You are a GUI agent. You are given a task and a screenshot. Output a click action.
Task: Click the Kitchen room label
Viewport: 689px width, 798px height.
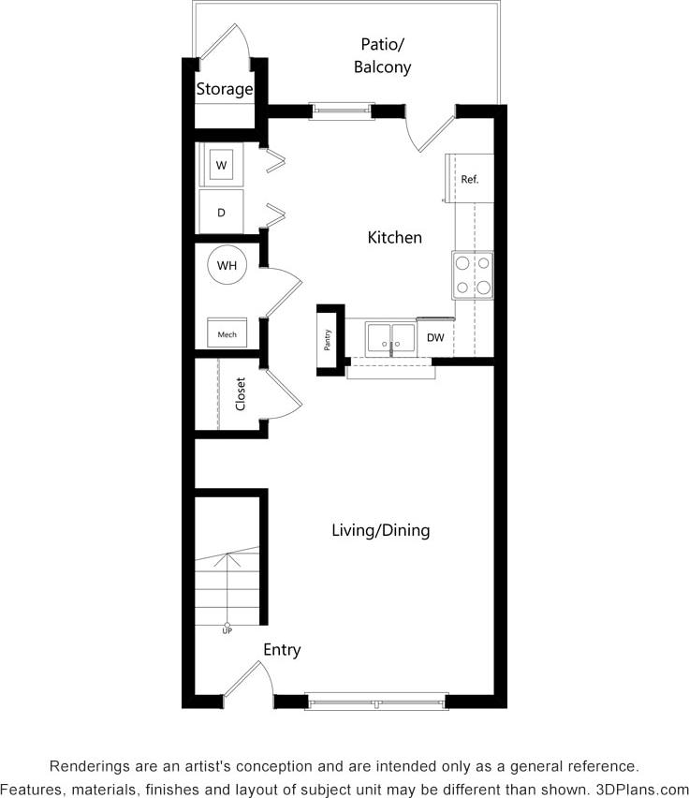[394, 238]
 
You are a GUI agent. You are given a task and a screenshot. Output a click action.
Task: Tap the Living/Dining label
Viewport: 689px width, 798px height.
[380, 530]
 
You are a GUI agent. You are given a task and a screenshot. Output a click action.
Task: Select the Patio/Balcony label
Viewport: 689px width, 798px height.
[382, 55]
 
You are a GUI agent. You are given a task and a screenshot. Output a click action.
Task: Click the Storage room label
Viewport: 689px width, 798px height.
[224, 90]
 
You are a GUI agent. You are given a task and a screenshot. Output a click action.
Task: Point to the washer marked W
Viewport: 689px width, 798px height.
[222, 166]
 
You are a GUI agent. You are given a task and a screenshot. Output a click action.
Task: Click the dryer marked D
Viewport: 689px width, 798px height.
[222, 213]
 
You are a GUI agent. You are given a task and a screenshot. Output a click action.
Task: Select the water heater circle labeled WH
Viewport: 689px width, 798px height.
[227, 265]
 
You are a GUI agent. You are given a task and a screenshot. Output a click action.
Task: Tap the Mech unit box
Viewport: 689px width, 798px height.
[227, 333]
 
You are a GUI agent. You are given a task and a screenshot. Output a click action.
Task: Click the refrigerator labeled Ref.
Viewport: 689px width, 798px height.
[469, 178]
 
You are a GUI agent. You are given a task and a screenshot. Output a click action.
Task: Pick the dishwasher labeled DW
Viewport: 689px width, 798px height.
[435, 338]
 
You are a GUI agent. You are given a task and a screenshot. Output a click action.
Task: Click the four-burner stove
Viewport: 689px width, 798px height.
[473, 275]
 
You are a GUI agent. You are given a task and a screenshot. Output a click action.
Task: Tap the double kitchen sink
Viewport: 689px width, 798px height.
[390, 338]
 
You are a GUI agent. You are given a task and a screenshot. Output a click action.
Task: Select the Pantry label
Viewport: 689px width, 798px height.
[328, 338]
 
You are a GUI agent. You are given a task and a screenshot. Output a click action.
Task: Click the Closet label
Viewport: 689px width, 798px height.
[241, 393]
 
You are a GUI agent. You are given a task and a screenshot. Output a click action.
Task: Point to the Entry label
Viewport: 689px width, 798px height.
[282, 650]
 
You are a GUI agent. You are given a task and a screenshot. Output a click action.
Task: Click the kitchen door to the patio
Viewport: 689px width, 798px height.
[432, 129]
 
